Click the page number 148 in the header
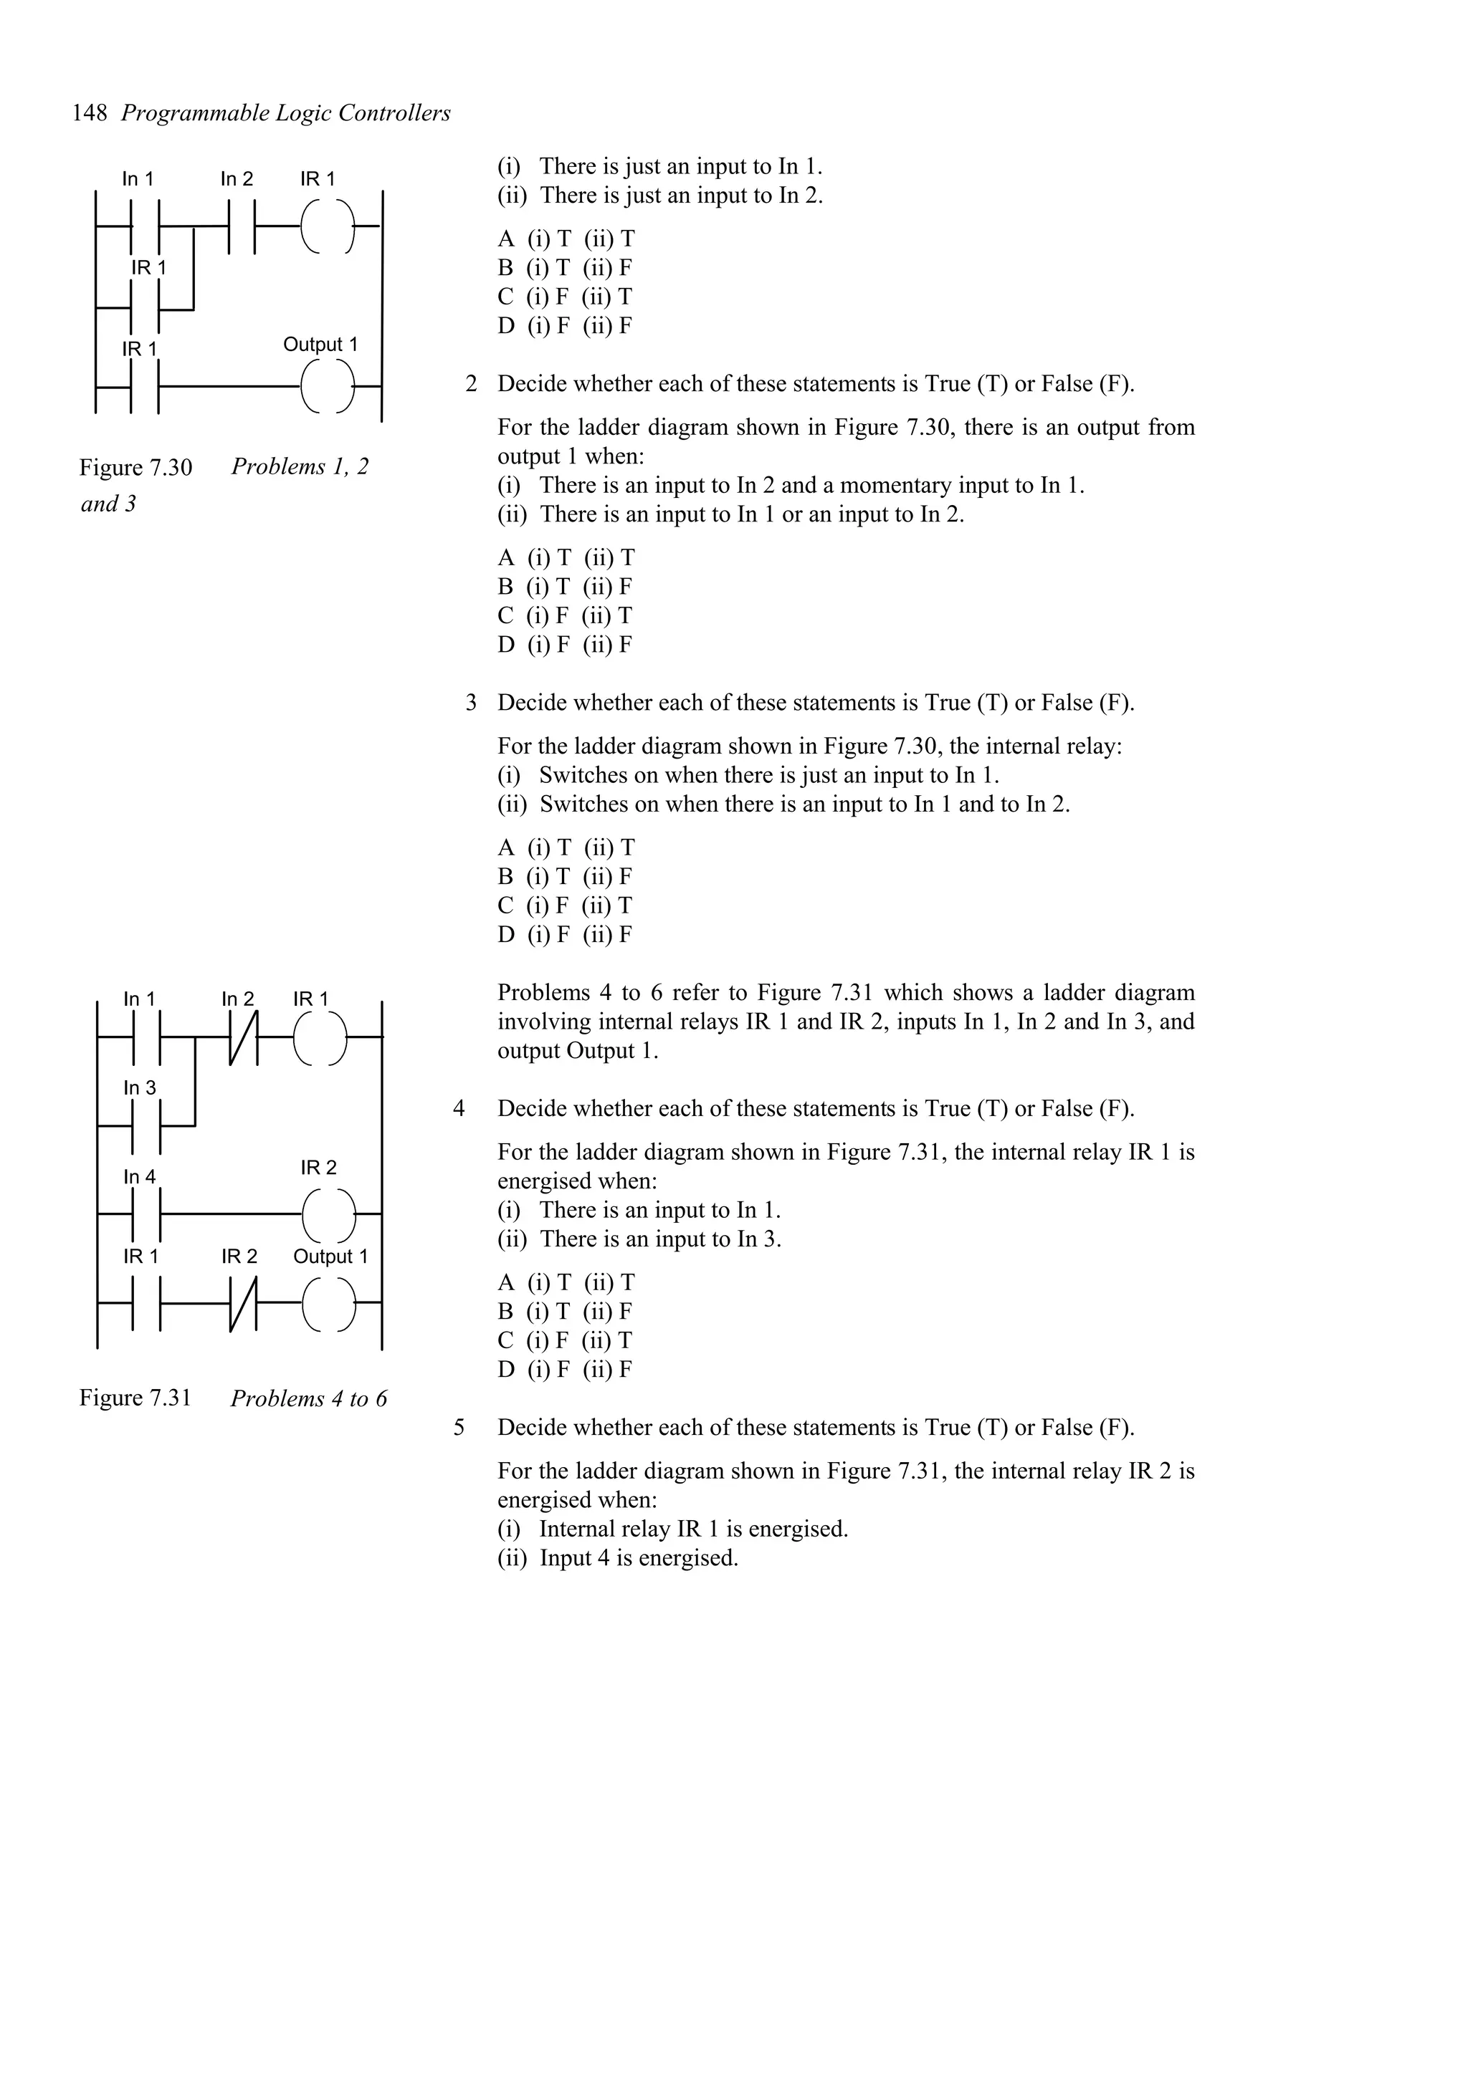coord(90,113)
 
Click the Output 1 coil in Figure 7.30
coord(328,386)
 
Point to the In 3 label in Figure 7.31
coord(139,1087)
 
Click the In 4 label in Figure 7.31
coord(139,1176)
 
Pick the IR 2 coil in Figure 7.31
coord(328,1214)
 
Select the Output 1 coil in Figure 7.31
coord(328,1304)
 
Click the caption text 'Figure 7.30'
coord(135,468)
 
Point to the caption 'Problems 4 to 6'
coord(308,1399)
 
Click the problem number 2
coord(471,384)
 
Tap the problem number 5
coord(459,1428)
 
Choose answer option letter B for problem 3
coord(505,876)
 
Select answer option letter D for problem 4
coord(505,1369)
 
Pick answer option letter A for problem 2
coord(505,558)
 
